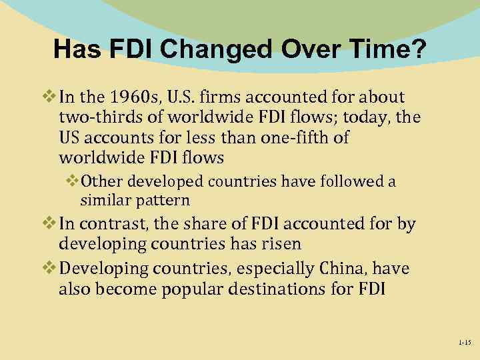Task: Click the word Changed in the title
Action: [x=204, y=49]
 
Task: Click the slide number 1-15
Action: [x=464, y=342]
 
